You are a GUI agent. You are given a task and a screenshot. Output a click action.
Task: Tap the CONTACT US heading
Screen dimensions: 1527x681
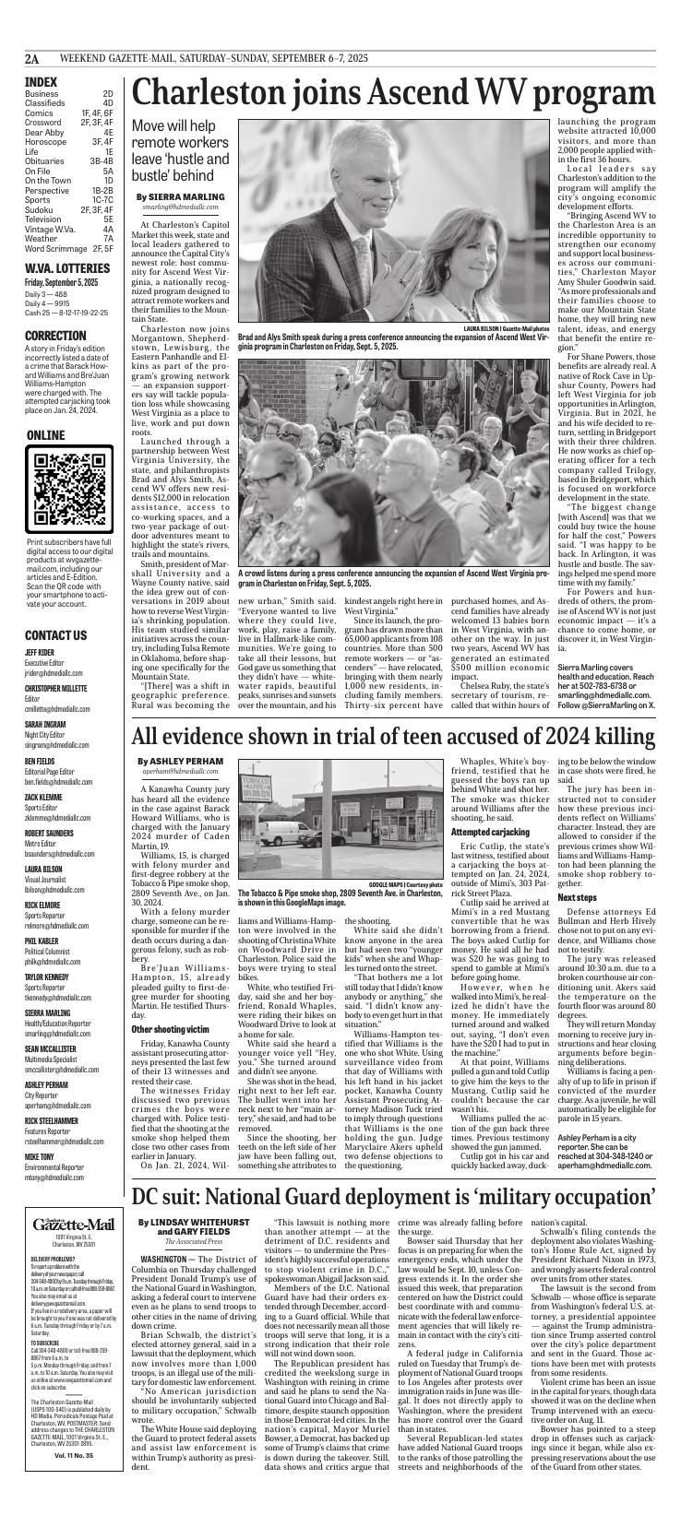point(56,610)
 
